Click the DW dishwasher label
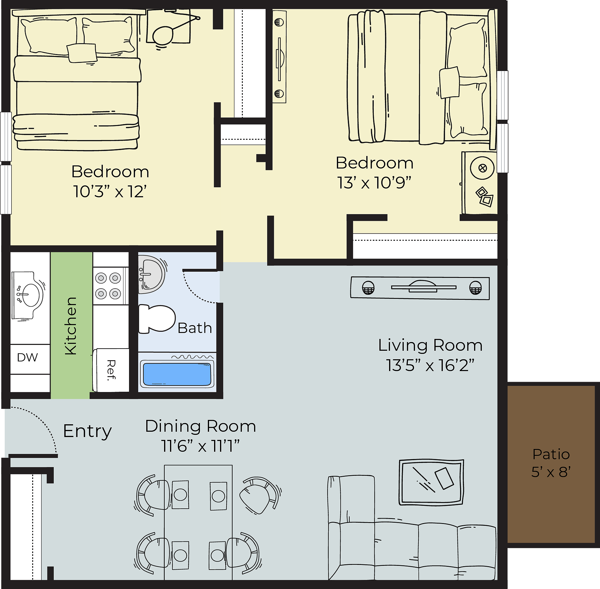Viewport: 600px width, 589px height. click(27, 357)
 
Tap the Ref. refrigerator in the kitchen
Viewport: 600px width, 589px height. click(111, 370)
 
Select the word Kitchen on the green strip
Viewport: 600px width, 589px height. click(71, 326)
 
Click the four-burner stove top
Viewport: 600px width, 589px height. click(110, 286)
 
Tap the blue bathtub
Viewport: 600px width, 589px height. click(177, 374)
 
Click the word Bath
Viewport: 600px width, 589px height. click(195, 328)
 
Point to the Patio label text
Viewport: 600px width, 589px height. click(551, 454)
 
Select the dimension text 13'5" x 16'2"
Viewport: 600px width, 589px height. click(430, 365)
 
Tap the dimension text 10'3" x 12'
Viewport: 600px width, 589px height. click(110, 191)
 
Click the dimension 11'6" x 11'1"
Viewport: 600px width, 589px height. click(200, 446)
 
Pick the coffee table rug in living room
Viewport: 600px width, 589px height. click(431, 482)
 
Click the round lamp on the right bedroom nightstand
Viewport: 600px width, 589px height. click(482, 168)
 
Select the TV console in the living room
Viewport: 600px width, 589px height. click(420, 288)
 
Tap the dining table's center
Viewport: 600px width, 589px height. click(198, 522)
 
